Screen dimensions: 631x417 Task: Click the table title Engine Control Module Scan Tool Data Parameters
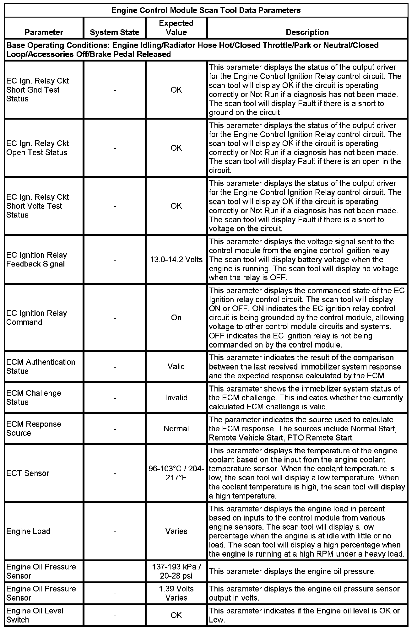click(x=206, y=10)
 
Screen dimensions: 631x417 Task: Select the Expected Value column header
click(x=176, y=28)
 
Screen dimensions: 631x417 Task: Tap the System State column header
click(x=115, y=32)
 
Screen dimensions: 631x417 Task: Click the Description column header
click(x=307, y=32)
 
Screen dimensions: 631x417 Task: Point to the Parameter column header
click(x=44, y=32)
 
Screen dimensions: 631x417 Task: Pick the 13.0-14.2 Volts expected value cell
click(x=176, y=260)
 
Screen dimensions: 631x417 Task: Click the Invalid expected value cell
click(x=176, y=397)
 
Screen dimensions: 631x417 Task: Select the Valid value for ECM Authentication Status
click(x=176, y=366)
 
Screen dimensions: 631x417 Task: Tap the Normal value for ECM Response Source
click(x=176, y=429)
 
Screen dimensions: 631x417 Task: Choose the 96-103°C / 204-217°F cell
click(x=176, y=473)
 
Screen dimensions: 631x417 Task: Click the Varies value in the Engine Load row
click(x=176, y=531)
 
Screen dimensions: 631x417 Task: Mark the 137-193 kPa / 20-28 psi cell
click(x=176, y=571)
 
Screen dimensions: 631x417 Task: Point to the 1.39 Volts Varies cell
click(x=176, y=593)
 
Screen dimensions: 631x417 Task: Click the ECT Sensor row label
click(x=28, y=473)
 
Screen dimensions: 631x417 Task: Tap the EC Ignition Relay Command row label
click(x=36, y=317)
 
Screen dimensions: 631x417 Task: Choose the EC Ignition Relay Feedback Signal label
click(x=36, y=259)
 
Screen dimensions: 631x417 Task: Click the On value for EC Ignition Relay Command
click(x=176, y=317)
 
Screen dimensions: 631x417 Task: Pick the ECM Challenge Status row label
click(x=34, y=397)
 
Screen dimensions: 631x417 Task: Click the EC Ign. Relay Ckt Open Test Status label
click(x=37, y=148)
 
